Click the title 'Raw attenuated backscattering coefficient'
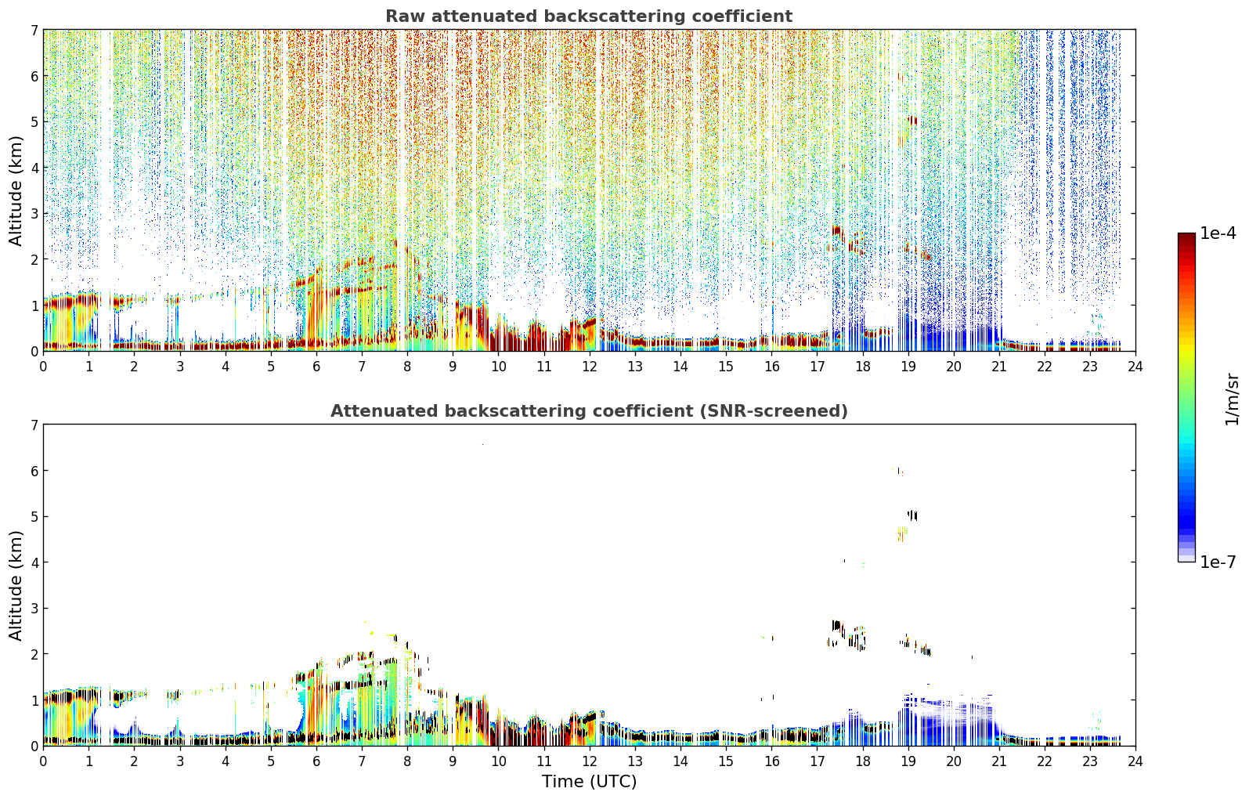click(x=589, y=16)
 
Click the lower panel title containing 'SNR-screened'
click(x=589, y=411)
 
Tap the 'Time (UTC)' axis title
click(x=589, y=782)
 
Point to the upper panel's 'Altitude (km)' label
click(x=16, y=191)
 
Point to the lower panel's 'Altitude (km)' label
click(x=16, y=585)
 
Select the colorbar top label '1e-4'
click(x=1218, y=233)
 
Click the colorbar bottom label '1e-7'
click(x=1218, y=562)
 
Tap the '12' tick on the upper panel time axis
click(x=590, y=367)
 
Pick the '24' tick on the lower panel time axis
click(x=1135, y=761)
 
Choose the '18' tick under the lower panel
click(x=863, y=761)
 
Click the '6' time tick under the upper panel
click(x=316, y=367)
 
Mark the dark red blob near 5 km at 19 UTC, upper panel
click(x=912, y=120)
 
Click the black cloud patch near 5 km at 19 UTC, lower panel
click(x=912, y=515)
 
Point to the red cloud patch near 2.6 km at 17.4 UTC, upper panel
click(x=837, y=231)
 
